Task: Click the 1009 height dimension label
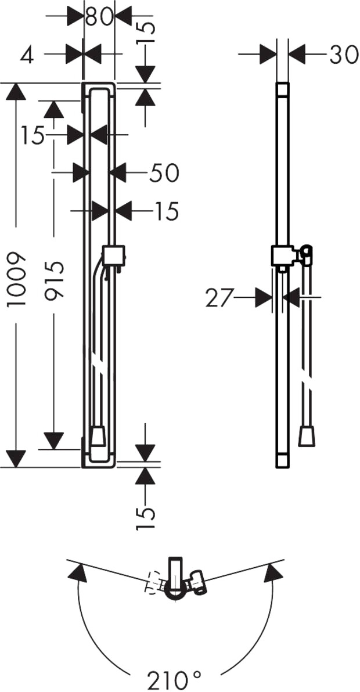17,278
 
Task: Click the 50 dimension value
164,173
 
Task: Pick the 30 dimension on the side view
343,55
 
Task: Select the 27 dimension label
219,299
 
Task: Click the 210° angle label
174,680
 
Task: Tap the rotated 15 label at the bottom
146,518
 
